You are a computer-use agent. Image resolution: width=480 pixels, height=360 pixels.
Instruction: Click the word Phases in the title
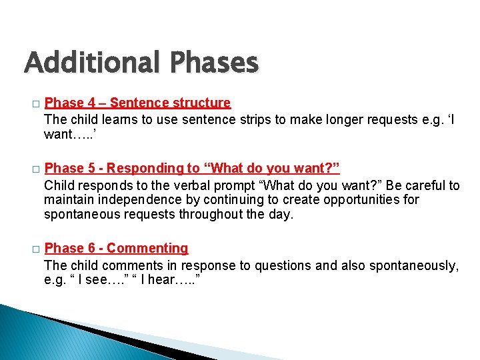(x=213, y=63)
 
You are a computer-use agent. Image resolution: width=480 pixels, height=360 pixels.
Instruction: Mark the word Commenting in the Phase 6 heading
(x=147, y=248)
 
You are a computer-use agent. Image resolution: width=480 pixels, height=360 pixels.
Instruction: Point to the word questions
(x=287, y=265)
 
